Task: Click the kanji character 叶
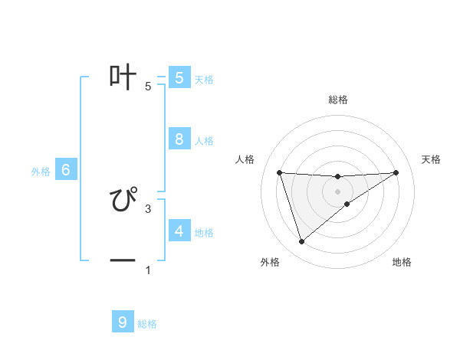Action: click(x=123, y=77)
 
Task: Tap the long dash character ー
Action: click(x=123, y=261)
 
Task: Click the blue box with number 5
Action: click(x=179, y=77)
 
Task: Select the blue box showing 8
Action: click(x=179, y=139)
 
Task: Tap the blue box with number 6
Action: click(x=66, y=170)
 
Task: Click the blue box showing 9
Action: click(x=123, y=322)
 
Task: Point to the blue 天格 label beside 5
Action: click(x=204, y=79)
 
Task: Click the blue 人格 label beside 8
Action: click(x=204, y=141)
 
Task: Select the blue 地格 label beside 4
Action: click(x=204, y=232)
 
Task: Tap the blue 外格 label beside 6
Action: click(x=41, y=172)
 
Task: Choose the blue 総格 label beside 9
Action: click(x=147, y=324)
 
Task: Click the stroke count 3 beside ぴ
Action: click(x=147, y=208)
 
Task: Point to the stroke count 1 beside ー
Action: click(x=147, y=270)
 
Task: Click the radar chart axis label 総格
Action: click(x=337, y=100)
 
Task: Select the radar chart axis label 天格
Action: click(x=432, y=159)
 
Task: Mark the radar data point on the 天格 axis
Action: click(x=396, y=172)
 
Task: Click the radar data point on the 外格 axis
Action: click(x=301, y=242)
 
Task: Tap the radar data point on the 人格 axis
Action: click(x=279, y=172)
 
